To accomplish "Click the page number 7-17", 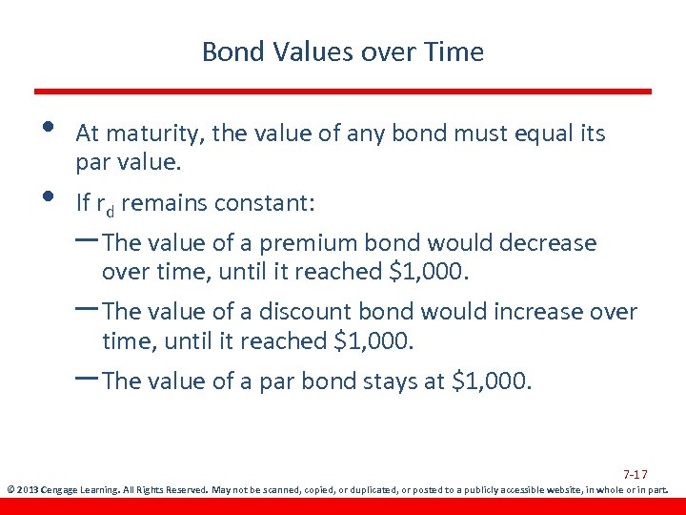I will (636, 474).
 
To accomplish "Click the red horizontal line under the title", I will (343, 92).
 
